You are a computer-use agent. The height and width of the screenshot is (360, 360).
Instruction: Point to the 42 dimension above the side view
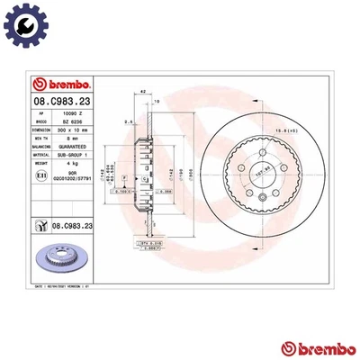(143, 92)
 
